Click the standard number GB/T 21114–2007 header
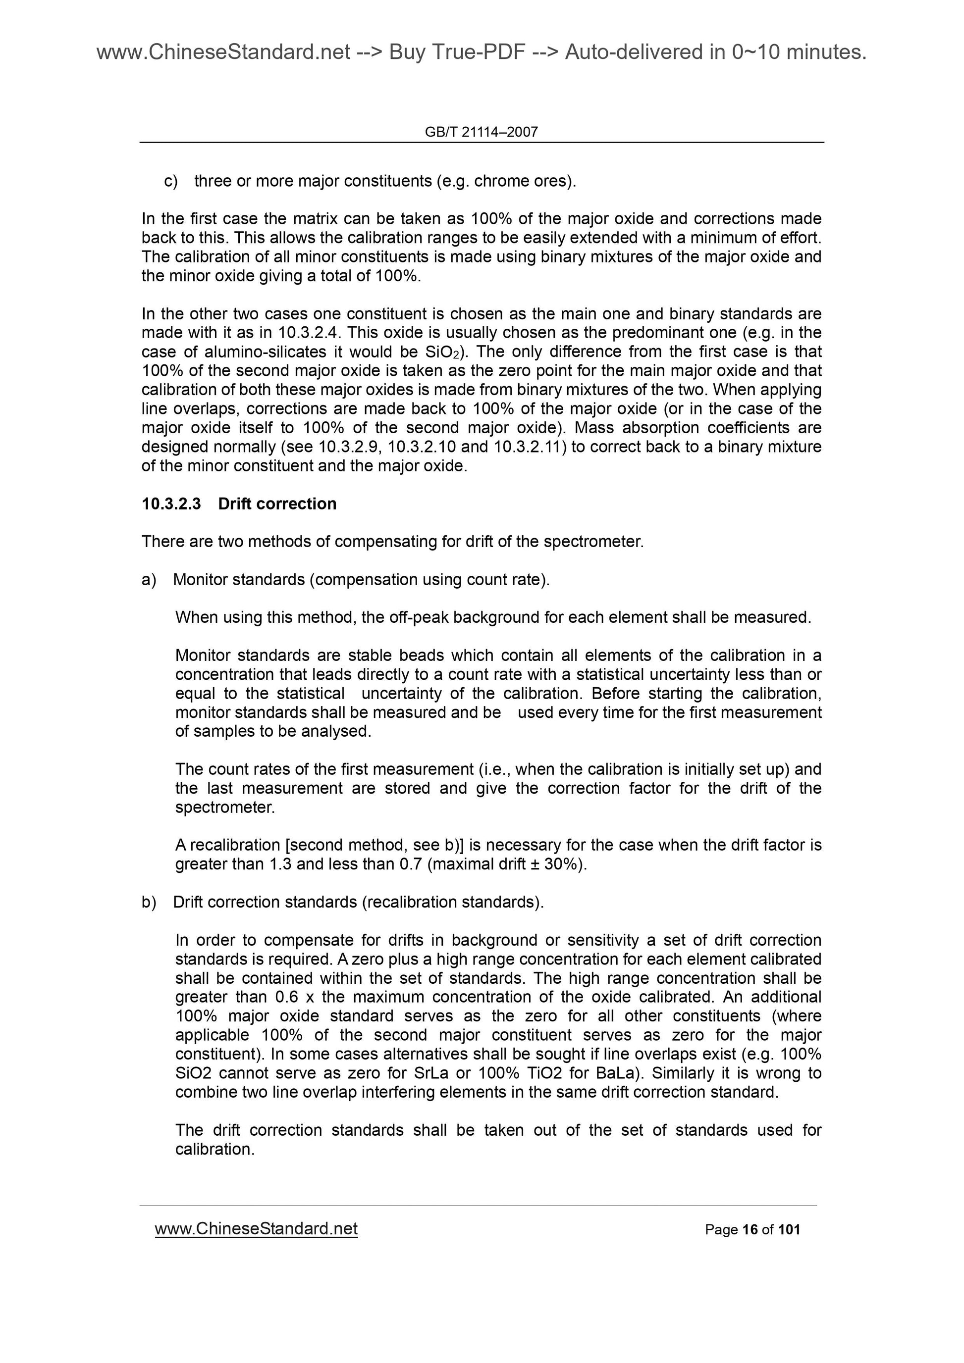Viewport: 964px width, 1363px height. pos(481,132)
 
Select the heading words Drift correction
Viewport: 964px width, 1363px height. pos(277,504)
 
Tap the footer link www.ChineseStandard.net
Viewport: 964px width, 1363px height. pos(256,1229)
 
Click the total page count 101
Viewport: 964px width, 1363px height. pos(789,1230)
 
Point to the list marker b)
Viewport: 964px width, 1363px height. pos(149,903)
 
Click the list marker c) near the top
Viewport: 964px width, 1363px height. pos(171,181)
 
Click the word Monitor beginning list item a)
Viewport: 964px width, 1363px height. pos(200,580)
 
